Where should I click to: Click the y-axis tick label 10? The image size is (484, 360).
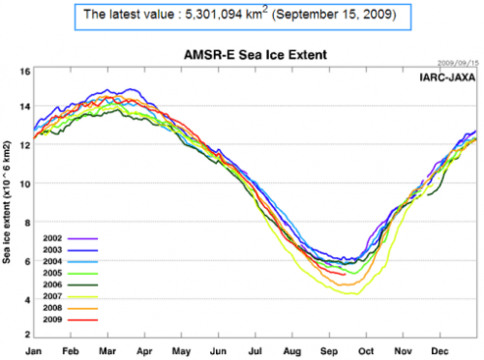click(25, 183)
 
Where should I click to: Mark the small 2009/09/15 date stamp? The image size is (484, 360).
click(457, 63)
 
